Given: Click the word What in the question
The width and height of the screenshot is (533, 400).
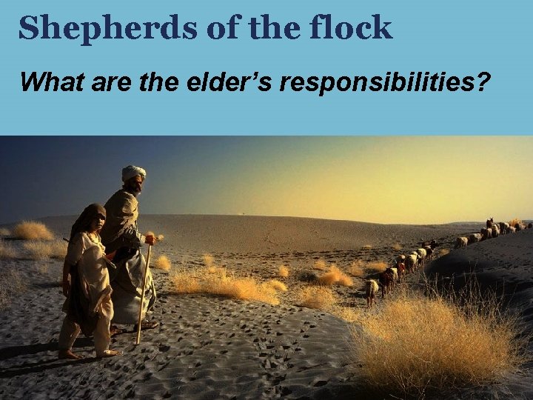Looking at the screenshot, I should tap(46, 81).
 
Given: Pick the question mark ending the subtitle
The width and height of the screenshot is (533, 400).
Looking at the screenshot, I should tap(483, 81).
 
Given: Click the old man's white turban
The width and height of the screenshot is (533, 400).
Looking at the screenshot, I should tap(134, 173).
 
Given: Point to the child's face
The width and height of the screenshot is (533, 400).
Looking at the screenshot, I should tap(96, 219).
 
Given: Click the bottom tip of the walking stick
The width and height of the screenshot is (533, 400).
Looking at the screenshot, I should tap(138, 342).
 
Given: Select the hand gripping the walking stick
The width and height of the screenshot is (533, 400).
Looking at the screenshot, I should tap(150, 239).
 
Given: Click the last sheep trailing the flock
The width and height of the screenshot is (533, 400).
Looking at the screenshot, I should tap(372, 290).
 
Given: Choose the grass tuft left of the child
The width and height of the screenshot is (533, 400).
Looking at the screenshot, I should tap(32, 230).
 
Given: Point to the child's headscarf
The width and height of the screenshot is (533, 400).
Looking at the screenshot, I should tap(87, 216).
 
